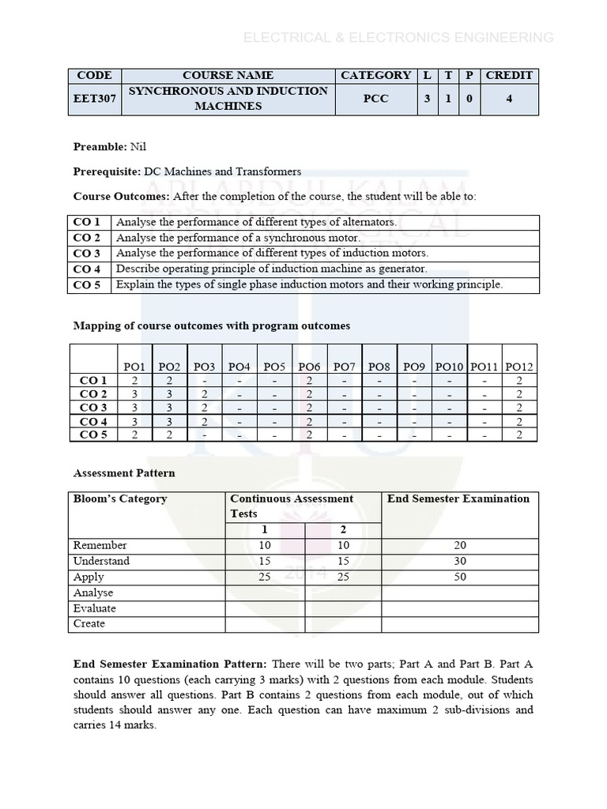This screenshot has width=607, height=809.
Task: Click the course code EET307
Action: [x=94, y=99]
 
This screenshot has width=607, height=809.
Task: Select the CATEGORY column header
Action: [x=375, y=75]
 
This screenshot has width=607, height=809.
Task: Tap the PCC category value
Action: [x=375, y=99]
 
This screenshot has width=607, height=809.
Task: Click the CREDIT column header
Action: [x=509, y=75]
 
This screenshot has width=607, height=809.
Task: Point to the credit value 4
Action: [x=509, y=99]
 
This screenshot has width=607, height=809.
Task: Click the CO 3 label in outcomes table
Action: [x=87, y=254]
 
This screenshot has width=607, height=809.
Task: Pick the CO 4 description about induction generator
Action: [x=271, y=269]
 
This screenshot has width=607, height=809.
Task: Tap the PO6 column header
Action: [x=309, y=366]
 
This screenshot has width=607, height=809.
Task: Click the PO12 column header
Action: [x=519, y=366]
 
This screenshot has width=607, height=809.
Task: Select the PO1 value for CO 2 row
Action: [x=135, y=394]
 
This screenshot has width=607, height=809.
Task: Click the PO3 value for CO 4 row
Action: [x=205, y=422]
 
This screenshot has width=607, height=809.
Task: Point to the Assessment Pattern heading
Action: [x=124, y=473]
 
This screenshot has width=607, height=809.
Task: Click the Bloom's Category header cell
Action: [x=120, y=499]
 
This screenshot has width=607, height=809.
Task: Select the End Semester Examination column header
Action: [x=458, y=499]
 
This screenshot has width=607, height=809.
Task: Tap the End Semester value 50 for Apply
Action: [x=459, y=577]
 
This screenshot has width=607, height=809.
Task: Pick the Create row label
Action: [x=89, y=623]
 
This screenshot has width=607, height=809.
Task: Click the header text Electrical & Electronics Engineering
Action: [x=398, y=37]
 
